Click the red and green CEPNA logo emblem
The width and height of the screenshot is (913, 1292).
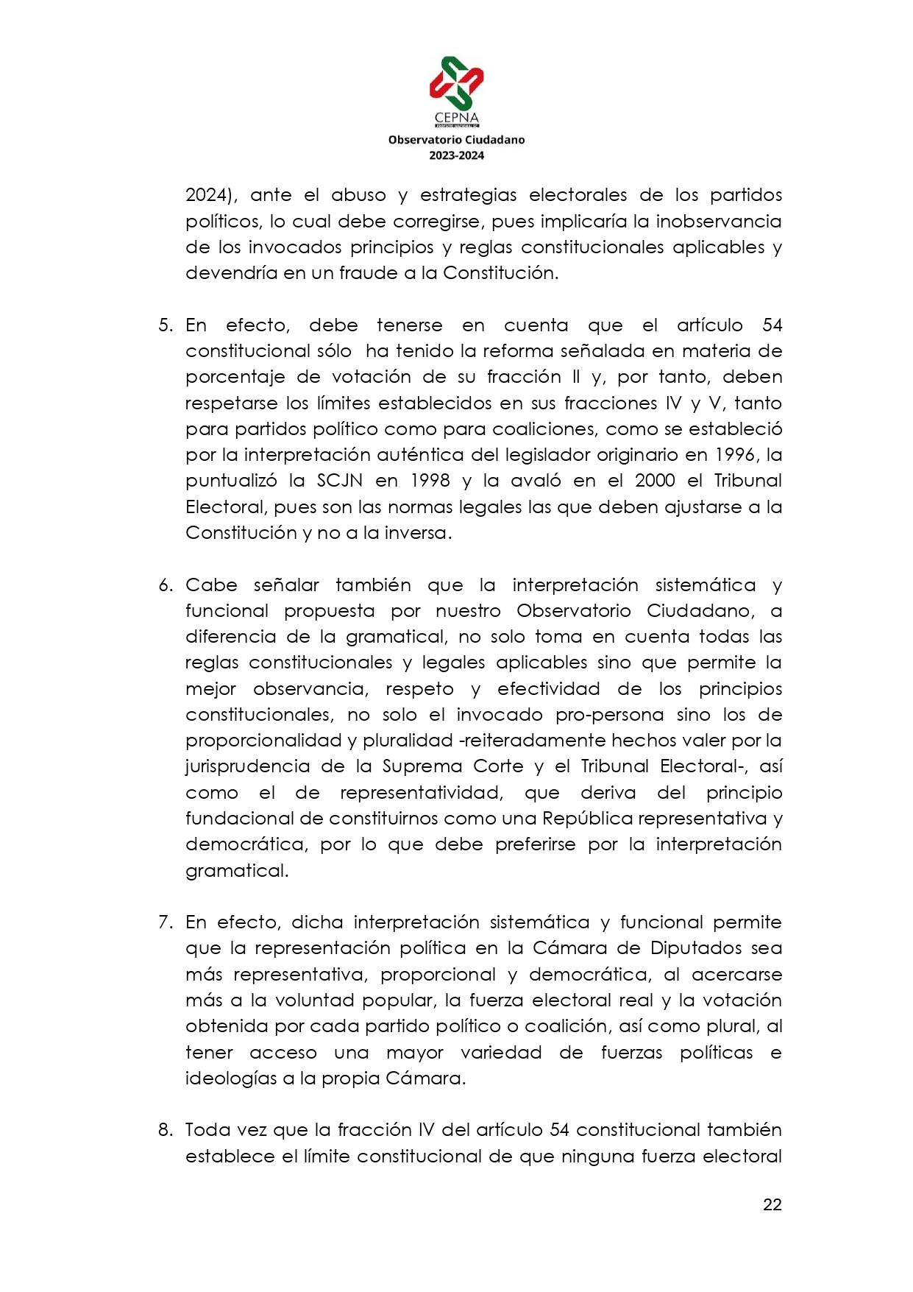(456, 83)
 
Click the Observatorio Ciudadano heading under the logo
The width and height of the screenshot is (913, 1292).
(456, 140)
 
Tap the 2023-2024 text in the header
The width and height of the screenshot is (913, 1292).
(456, 155)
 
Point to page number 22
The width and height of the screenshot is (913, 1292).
(772, 1204)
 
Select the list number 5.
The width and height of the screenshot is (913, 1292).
(165, 325)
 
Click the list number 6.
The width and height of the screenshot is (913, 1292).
(165, 585)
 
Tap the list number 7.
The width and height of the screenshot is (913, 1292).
(165, 922)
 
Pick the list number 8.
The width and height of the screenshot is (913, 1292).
(165, 1130)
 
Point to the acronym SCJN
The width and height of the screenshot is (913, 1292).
(340, 481)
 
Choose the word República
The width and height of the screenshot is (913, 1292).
(587, 819)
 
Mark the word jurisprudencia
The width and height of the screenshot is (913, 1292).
(247, 766)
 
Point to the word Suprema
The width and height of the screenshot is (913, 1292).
(421, 766)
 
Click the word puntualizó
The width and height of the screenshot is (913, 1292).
(231, 481)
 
